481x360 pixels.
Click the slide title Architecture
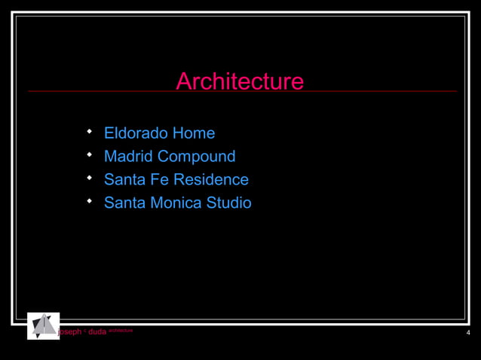(240, 81)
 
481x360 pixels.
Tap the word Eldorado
(136, 133)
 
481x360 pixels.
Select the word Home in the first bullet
(194, 133)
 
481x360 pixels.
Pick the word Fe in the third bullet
(157, 180)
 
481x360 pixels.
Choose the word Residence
(210, 180)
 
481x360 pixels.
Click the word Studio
(228, 203)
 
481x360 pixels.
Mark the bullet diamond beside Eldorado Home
(89, 132)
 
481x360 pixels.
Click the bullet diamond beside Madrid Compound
(89, 155)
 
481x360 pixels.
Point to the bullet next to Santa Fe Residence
(89, 178)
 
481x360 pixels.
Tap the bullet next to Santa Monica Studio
(89, 202)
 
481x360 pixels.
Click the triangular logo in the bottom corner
(43, 325)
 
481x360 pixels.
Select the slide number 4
(468, 333)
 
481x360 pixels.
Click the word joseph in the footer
(70, 332)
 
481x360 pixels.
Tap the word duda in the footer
(97, 332)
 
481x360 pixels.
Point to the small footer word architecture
(121, 331)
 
